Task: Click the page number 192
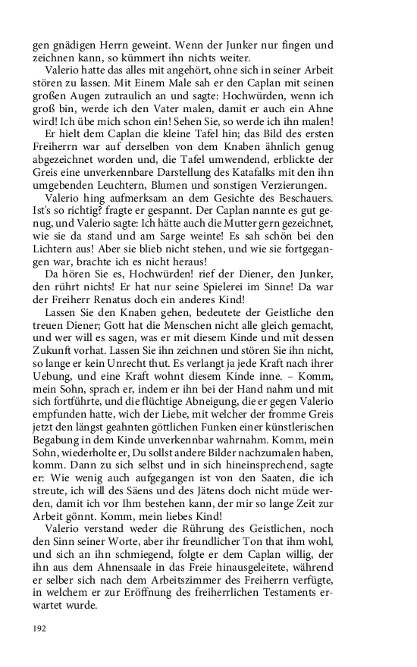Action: click(40, 628)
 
